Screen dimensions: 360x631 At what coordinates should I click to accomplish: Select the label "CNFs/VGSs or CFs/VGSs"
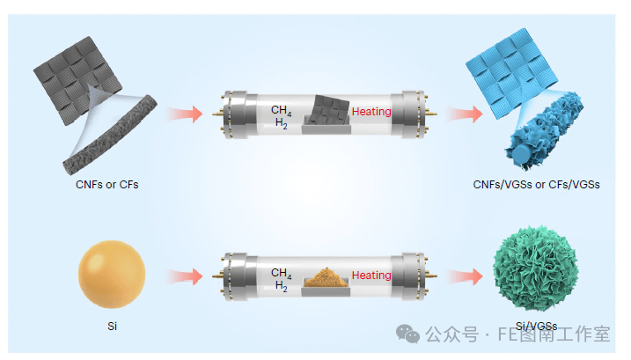pyautogui.click(x=535, y=185)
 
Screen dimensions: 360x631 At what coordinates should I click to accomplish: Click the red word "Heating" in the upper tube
pyautogui.click(x=371, y=112)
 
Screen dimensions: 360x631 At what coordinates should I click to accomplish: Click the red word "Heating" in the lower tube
pyautogui.click(x=371, y=276)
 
